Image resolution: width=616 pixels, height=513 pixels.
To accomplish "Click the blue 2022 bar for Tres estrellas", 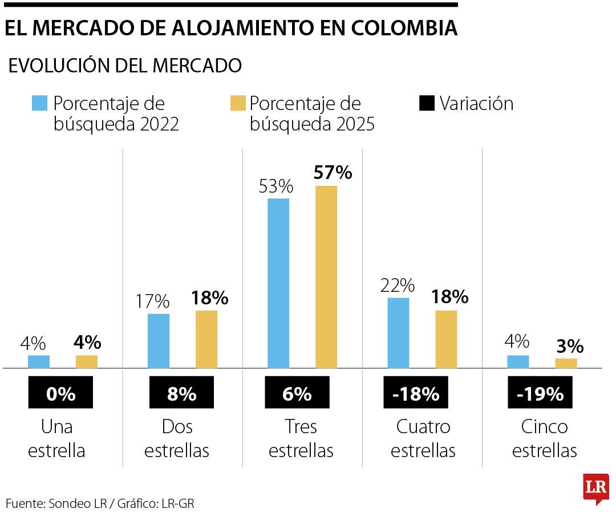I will [278, 283].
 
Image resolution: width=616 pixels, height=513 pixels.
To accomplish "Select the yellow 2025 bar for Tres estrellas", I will [326, 277].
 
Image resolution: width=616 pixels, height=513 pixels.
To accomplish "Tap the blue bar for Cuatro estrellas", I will [398, 333].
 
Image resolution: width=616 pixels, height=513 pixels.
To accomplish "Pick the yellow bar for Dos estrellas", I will [206, 339].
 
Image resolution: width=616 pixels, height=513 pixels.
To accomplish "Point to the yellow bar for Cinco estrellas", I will [566, 363].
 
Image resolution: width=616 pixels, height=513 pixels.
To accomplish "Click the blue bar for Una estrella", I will [39, 361].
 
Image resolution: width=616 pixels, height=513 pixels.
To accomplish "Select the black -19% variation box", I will [540, 393].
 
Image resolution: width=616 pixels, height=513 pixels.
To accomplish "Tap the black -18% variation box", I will [416, 393].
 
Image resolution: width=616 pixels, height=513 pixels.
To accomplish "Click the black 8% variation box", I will [181, 393].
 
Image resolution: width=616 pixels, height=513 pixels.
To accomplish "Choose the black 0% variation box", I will [60, 393].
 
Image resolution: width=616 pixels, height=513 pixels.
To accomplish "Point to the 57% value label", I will [333, 172].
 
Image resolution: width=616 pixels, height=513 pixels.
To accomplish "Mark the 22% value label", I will [398, 285].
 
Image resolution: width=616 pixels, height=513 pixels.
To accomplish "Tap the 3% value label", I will [569, 346].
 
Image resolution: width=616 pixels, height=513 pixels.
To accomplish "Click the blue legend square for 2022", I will [39, 103].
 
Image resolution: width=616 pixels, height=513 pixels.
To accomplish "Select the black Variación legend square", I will [426, 103].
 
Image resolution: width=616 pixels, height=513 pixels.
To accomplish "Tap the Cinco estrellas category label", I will [544, 438].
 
